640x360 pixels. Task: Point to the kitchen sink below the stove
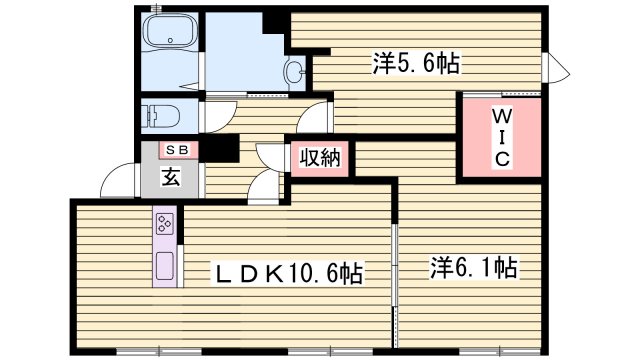point(165,267)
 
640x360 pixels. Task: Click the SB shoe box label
point(180,150)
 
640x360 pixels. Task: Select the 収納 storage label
point(319,158)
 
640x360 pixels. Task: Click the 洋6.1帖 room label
point(473,267)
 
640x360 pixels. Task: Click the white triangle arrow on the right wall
point(556,69)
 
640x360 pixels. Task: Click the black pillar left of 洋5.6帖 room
point(275,21)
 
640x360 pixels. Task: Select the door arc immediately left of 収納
point(268,157)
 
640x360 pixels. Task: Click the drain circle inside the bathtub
point(172,42)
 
